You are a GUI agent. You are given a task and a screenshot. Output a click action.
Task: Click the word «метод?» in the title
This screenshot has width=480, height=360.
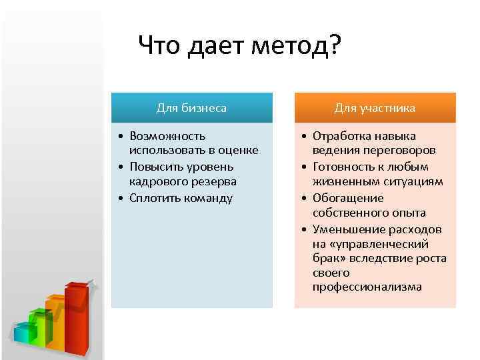[x=296, y=47]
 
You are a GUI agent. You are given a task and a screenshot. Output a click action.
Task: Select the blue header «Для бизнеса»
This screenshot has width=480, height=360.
[x=191, y=108]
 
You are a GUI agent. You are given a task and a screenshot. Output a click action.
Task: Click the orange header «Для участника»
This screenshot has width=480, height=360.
[x=375, y=108]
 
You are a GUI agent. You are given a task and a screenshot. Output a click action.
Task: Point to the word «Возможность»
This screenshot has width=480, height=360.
[x=168, y=136]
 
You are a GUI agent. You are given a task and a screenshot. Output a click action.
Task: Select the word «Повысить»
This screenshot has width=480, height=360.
[x=156, y=166]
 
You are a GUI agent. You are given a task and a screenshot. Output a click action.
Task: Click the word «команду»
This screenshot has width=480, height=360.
[x=205, y=197]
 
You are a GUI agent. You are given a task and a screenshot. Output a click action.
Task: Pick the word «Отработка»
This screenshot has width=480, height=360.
[x=341, y=136]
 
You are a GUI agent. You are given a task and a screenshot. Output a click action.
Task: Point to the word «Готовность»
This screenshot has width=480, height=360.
[x=344, y=167]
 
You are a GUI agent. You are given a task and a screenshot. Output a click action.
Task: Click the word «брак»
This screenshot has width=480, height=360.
[x=325, y=259]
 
